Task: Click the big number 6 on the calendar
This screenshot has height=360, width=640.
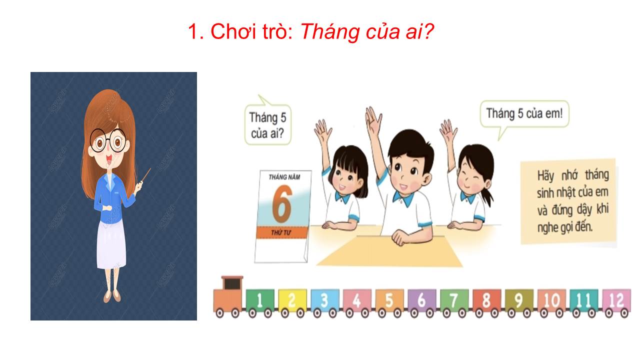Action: [282, 203]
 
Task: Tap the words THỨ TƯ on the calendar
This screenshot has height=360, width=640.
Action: [281, 233]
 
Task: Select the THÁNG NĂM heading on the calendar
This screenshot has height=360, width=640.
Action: [284, 177]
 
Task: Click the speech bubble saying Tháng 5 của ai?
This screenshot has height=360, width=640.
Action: [268, 124]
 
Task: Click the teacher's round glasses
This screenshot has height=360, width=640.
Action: [108, 140]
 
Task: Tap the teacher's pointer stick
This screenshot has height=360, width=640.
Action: [146, 175]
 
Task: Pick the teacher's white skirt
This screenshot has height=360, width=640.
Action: [111, 244]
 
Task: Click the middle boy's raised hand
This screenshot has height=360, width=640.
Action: [373, 121]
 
